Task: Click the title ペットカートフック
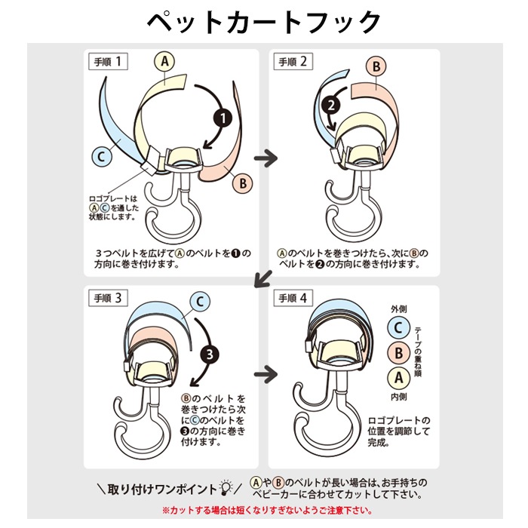point(264,22)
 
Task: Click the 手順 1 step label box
point(108,62)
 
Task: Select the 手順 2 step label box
point(293,62)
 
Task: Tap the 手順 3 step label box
point(108,298)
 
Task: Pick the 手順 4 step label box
point(293,298)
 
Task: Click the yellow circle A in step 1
point(164,62)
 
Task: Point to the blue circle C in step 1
point(102,157)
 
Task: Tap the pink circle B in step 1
point(243,183)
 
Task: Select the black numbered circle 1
point(223,118)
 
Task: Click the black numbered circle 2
point(331,106)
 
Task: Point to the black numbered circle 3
point(210,355)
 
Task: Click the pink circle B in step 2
point(376,66)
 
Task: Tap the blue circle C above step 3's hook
point(200,302)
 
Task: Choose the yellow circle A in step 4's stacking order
point(399,378)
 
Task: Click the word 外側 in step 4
point(398,309)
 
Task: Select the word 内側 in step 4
point(398,397)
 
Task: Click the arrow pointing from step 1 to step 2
point(266,158)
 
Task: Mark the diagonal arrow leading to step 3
point(263,278)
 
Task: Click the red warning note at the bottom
point(267,511)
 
